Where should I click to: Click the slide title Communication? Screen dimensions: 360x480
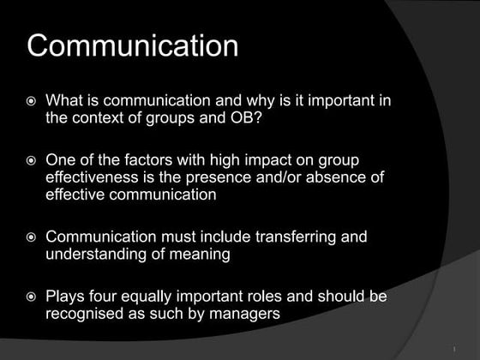point(132,45)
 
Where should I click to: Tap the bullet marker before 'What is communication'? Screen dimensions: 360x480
point(32,101)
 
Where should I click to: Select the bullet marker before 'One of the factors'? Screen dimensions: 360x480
point(32,161)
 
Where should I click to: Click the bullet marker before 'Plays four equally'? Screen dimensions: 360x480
point(32,297)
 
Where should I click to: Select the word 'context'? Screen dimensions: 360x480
point(100,118)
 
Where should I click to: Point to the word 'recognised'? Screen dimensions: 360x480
point(85,314)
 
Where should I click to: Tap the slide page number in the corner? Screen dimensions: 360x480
point(452,350)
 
